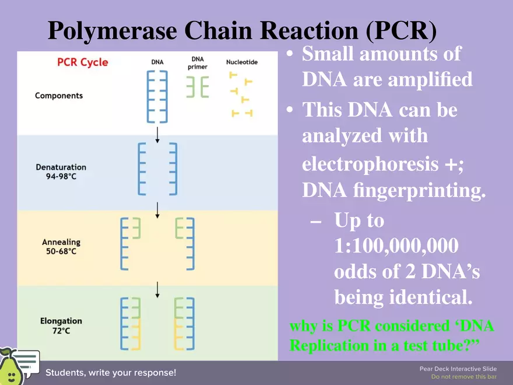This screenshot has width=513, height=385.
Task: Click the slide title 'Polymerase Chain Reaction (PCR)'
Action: [242, 31]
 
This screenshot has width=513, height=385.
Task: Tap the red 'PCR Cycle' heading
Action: [83, 62]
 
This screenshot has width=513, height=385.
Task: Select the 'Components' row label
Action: [59, 96]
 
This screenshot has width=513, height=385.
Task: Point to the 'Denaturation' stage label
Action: [61, 167]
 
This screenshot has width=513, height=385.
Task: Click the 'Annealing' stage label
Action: [61, 242]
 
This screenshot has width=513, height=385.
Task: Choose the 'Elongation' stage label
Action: [61, 321]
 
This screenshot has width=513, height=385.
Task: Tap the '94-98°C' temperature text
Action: [61, 177]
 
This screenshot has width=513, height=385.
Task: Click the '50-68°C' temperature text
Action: [61, 251]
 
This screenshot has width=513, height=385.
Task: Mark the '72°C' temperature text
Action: [61, 331]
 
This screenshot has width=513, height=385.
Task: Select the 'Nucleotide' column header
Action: [242, 62]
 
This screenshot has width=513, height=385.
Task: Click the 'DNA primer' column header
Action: [197, 63]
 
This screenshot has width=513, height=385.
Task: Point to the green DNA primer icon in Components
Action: [197, 87]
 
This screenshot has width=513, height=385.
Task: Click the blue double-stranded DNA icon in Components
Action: [157, 96]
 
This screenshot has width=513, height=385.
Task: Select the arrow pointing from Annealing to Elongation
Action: [157, 289]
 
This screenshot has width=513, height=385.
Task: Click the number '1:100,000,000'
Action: [396, 246]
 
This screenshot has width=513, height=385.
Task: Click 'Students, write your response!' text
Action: [111, 372]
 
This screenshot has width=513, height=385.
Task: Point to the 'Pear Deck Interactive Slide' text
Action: [458, 369]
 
